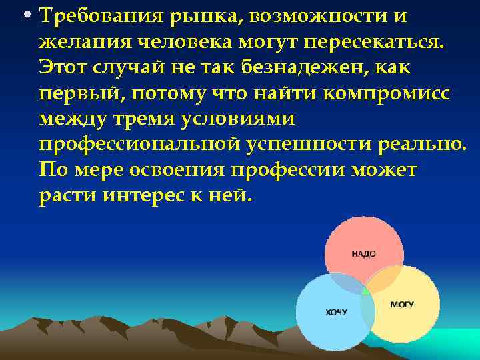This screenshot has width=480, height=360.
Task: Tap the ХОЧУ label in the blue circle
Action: (335, 312)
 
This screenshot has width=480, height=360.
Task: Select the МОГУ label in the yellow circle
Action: (402, 305)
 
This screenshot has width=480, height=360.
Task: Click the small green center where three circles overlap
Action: (365, 291)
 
